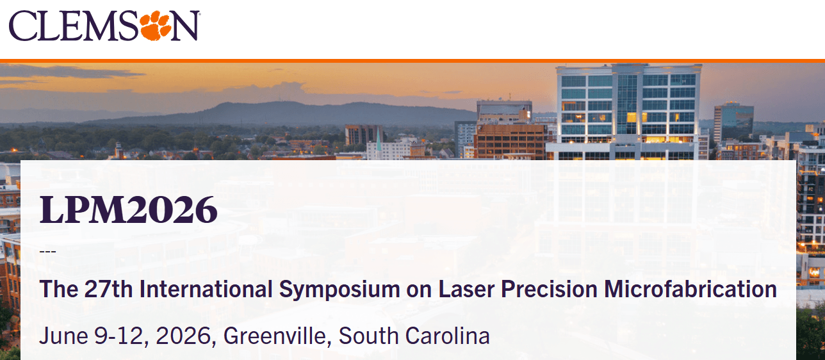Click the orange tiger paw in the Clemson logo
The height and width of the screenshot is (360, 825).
(x=156, y=25)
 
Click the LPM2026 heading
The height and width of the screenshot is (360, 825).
(x=128, y=209)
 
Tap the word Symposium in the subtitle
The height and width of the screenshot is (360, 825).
(x=339, y=290)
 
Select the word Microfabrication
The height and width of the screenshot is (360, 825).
(x=690, y=289)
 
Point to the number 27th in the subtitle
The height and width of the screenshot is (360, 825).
(x=108, y=289)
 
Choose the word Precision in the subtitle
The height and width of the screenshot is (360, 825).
(x=549, y=289)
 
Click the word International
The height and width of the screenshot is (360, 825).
(x=206, y=289)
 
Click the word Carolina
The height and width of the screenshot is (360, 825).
(x=448, y=336)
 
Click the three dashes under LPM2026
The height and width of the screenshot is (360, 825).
(x=47, y=252)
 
